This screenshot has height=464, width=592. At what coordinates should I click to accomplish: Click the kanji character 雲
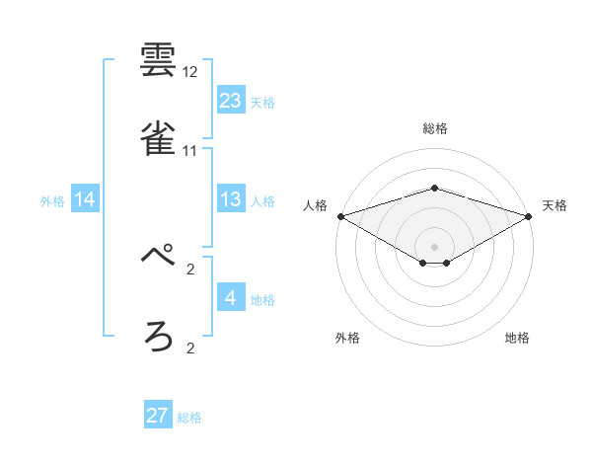158,61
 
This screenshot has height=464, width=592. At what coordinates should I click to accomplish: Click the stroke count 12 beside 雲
190,73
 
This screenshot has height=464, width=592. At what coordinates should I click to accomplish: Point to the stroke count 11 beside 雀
190,151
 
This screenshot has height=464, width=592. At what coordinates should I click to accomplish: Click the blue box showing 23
231,101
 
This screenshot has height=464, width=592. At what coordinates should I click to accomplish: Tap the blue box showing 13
231,200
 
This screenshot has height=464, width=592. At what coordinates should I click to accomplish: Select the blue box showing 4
231,298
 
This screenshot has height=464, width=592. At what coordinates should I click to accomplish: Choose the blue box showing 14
85,200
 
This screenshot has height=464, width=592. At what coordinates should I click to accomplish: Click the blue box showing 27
158,416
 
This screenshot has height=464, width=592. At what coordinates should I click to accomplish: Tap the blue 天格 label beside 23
262,103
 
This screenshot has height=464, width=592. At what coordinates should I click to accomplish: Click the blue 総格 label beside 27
189,418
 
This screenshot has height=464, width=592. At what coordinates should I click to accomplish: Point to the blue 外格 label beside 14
52,201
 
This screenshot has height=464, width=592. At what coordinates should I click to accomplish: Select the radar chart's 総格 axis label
435,128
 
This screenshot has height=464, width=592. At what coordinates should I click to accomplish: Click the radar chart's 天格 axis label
555,205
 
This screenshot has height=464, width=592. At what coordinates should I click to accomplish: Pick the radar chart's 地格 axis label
517,339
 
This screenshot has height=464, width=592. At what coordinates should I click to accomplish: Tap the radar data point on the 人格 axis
340,216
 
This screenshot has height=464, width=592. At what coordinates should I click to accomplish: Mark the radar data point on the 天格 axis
530,216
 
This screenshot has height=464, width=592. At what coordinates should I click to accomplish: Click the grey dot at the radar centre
435,247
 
